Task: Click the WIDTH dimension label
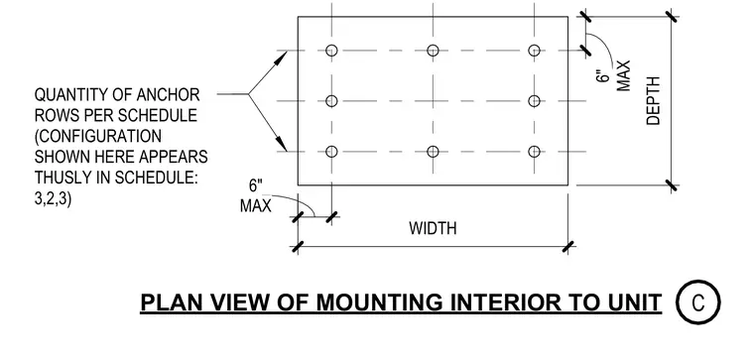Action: click(x=433, y=228)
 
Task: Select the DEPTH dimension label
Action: click(x=654, y=101)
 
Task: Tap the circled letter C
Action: click(x=698, y=302)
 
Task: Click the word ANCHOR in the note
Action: click(x=168, y=94)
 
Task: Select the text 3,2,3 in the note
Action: click(x=53, y=198)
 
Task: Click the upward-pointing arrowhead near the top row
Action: click(x=281, y=59)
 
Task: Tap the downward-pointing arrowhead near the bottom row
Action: click(x=281, y=143)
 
